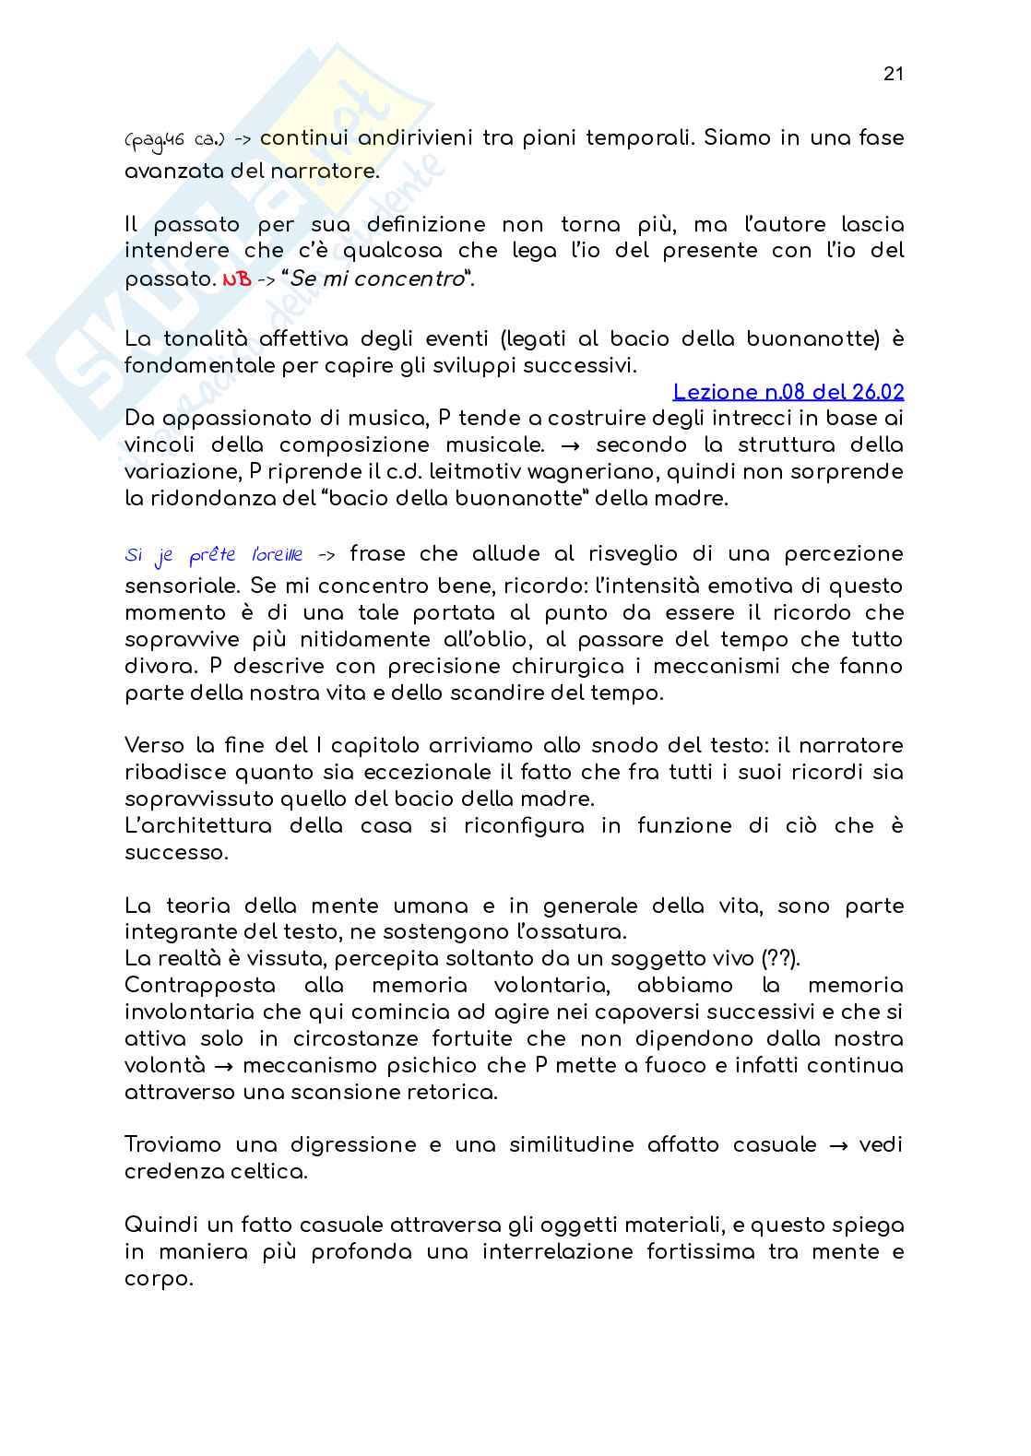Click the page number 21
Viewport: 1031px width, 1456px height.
893,75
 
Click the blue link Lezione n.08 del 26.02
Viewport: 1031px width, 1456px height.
788,392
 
